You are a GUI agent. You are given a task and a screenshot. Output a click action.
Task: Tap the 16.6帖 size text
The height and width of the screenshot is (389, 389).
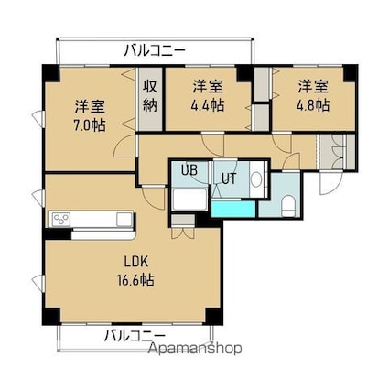coord(135,280)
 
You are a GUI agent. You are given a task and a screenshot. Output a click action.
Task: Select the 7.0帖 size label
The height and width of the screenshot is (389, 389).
coord(91,125)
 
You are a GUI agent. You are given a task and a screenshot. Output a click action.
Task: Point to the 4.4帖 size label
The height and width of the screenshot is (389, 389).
coord(208,105)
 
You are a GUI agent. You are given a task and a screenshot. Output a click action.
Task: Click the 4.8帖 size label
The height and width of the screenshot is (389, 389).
coord(313,105)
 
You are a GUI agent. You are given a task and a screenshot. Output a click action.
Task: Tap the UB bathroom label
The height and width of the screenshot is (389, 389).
coord(189,170)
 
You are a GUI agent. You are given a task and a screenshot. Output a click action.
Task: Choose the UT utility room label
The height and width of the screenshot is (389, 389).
coord(229,179)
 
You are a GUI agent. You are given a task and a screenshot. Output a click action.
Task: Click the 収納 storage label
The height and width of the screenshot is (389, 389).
coord(150,96)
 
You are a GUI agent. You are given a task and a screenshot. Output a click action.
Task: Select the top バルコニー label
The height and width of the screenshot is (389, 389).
coord(155,50)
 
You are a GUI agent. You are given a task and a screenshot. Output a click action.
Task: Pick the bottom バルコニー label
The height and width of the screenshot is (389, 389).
coord(135,336)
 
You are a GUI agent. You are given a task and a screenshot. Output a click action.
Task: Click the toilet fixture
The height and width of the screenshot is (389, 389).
coord(287,207)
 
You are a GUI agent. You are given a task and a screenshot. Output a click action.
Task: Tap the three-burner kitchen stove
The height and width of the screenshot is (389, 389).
coord(61,219)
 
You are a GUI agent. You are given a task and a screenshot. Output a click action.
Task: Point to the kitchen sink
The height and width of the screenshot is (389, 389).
coord(124,219)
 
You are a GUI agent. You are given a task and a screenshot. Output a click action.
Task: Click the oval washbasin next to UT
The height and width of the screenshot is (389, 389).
coord(256,179)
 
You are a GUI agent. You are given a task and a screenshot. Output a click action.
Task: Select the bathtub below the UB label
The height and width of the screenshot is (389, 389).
coord(189,200)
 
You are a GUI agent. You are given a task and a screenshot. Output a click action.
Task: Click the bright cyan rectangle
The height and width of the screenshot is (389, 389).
coord(233,210)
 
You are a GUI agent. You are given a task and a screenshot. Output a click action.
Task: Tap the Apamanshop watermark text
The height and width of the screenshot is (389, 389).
coord(195,348)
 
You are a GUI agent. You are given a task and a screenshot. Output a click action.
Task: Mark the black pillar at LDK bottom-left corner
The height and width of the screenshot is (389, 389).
coord(50,316)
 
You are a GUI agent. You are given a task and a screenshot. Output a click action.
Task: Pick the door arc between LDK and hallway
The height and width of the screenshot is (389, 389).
coord(154,199)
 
